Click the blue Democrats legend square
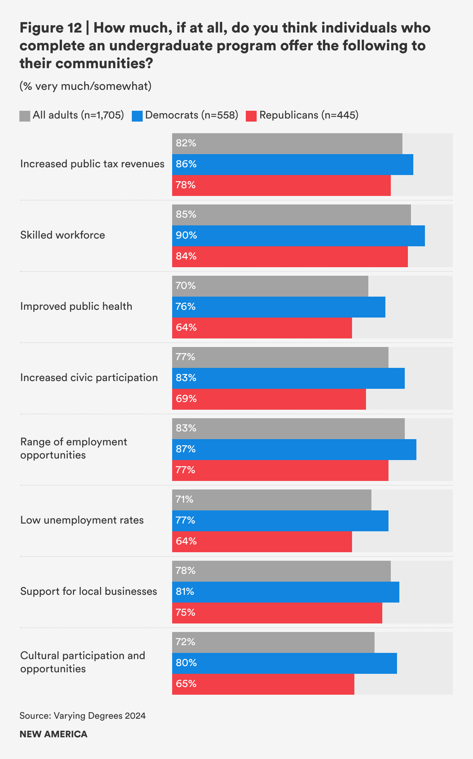(x=137, y=116)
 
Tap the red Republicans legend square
(x=251, y=116)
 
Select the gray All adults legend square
(x=25, y=116)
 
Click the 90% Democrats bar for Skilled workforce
(x=299, y=235)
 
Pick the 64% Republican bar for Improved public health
(x=262, y=328)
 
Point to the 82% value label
(x=186, y=143)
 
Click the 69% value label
(x=186, y=399)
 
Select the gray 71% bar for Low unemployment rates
(x=271, y=500)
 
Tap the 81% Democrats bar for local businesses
(x=286, y=592)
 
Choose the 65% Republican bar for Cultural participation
(x=263, y=684)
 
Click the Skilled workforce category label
(x=62, y=235)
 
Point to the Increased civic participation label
(x=89, y=378)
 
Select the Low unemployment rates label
(x=82, y=520)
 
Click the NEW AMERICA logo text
(x=54, y=734)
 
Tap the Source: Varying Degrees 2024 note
(x=83, y=716)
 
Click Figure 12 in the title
(x=50, y=28)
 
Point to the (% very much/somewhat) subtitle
(x=85, y=86)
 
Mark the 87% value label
(x=186, y=449)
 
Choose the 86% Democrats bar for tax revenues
(x=293, y=164)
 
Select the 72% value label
(x=186, y=642)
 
